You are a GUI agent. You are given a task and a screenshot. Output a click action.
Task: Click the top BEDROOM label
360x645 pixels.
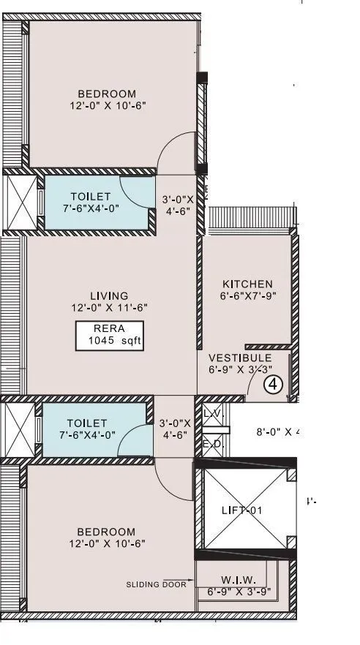click(107, 94)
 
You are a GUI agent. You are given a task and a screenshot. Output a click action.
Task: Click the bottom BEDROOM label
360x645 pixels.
click(107, 532)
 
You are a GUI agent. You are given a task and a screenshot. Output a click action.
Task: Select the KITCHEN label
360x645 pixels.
click(247, 284)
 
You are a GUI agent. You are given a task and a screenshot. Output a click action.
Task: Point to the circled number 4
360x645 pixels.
click(274, 383)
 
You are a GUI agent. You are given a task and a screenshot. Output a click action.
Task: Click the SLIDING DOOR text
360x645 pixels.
click(149, 584)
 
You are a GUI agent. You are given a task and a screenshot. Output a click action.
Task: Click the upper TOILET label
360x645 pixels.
click(91, 197)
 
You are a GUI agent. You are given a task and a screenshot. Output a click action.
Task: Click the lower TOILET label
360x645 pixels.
click(87, 423)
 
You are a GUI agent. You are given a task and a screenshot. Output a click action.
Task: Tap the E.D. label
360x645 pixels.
click(211, 443)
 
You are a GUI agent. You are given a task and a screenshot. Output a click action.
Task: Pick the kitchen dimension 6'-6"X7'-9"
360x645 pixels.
click(247, 296)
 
